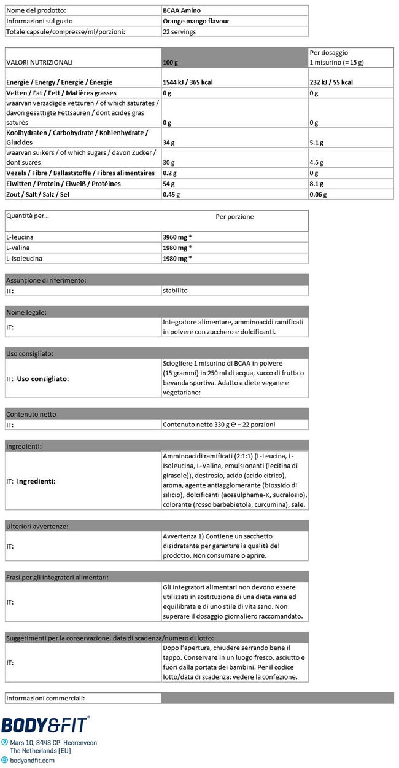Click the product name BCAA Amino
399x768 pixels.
point(183,10)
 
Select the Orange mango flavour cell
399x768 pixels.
point(196,21)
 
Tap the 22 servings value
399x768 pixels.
point(179,31)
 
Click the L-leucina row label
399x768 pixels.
point(20,237)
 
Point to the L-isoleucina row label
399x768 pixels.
point(23,259)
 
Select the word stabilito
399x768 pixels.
point(176,290)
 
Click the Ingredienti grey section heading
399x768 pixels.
point(24,446)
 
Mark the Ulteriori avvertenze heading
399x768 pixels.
point(37,527)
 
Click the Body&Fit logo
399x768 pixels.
point(45,726)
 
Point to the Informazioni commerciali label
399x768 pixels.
point(45,698)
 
